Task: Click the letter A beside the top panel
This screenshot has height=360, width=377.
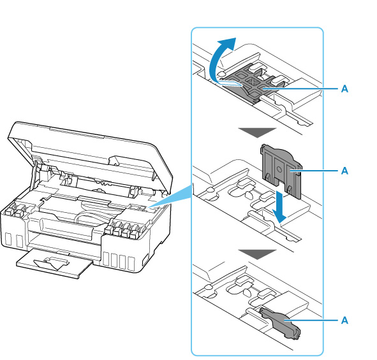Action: coord(344,89)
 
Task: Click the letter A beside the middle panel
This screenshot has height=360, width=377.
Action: coord(344,171)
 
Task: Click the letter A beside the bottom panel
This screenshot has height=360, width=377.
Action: coord(344,320)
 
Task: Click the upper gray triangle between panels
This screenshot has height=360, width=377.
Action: coord(257,133)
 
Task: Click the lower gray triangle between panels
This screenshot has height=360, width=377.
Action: coord(257,254)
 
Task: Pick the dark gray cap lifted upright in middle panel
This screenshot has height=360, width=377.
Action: coord(281,171)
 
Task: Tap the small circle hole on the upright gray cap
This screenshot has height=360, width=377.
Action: coord(279,169)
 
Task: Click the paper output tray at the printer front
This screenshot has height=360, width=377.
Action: coord(54,263)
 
